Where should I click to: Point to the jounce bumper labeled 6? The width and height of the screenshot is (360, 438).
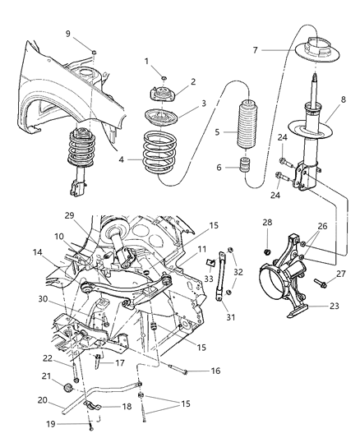(244, 168)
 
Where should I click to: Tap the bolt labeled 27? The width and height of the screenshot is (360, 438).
(320, 284)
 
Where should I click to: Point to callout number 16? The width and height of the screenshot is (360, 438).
(215, 371)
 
